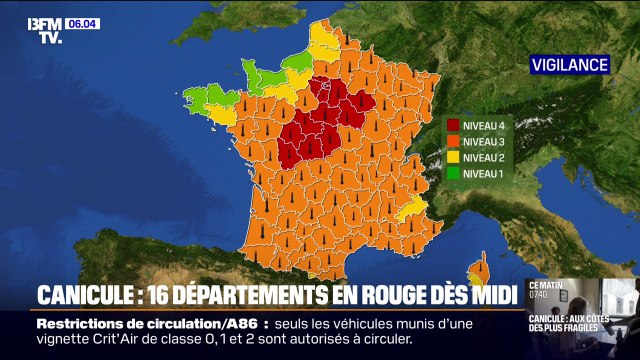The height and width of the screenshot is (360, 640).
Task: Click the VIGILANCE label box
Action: click(x=569, y=65)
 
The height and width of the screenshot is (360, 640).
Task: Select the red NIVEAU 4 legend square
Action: click(x=453, y=127)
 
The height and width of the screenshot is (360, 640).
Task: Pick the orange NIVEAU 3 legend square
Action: click(x=453, y=142)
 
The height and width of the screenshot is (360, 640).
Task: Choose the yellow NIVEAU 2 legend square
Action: click(x=453, y=158)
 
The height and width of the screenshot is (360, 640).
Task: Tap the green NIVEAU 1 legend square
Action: click(x=453, y=173)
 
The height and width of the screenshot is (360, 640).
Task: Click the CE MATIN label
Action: click(x=546, y=286)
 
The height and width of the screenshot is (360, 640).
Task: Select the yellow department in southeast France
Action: click(x=412, y=211)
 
